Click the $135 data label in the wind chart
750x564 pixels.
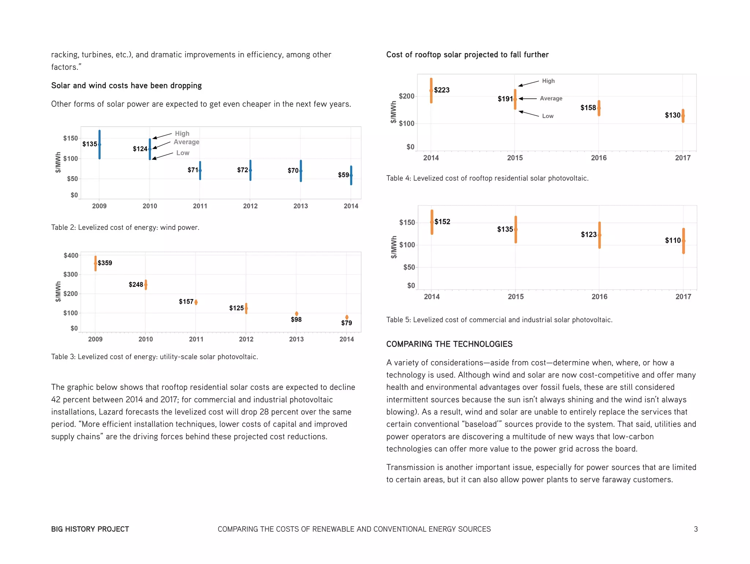(89, 144)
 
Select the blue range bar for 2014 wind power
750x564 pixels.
(351, 175)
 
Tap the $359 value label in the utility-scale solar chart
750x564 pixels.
(105, 263)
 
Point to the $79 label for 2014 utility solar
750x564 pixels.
(346, 323)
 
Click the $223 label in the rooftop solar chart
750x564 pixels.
(442, 90)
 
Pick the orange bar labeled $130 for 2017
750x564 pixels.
(683, 116)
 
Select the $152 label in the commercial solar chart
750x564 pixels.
(442, 222)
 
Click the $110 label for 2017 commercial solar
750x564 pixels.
(673, 240)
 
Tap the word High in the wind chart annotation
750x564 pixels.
(182, 133)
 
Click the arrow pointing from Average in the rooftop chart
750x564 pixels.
(528, 99)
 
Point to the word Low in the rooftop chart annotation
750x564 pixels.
(547, 116)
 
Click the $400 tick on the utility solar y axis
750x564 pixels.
(71, 255)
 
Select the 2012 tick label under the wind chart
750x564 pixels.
(250, 206)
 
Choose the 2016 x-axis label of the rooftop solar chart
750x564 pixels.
(598, 158)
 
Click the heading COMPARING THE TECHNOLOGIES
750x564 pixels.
(449, 344)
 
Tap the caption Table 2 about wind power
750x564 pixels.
(125, 228)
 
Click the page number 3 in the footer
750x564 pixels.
(695, 529)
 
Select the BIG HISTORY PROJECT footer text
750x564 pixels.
(90, 529)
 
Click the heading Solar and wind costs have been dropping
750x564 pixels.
(126, 85)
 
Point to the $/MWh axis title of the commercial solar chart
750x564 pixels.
(394, 247)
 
